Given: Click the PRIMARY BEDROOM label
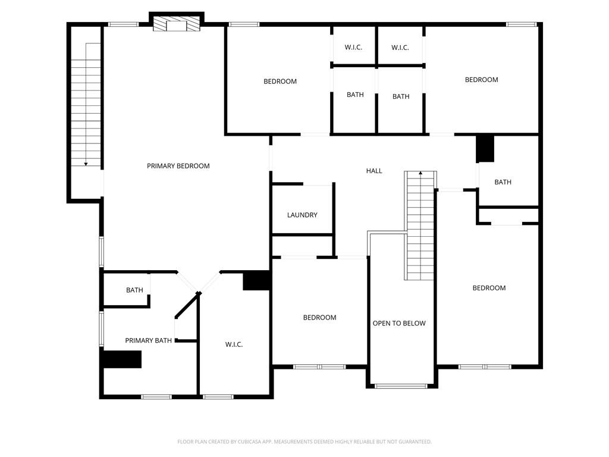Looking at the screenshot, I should [178, 166].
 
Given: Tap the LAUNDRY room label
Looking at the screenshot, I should [302, 215].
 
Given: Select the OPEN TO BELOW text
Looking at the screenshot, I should [399, 323].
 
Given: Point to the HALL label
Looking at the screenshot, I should [374, 171].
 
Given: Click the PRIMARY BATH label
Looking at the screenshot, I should [148, 340].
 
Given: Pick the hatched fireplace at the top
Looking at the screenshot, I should [176, 24].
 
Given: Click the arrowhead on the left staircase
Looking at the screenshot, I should [86, 164].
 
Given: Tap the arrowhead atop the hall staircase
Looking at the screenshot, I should [420, 173].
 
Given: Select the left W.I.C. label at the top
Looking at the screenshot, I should [353, 48].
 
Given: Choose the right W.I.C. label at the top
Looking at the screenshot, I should [400, 48].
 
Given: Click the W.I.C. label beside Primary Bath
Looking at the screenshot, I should [234, 345].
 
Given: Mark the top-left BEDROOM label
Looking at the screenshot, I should [280, 82].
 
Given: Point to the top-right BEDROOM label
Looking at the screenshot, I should [481, 80].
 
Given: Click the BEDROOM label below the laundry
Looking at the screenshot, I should [319, 318].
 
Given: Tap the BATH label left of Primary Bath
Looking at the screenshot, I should [134, 290].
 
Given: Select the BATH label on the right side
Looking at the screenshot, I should [503, 182].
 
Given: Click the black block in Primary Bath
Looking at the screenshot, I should [121, 359].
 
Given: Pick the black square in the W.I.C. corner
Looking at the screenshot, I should [257, 280].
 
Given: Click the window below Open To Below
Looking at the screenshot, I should [401, 386].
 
